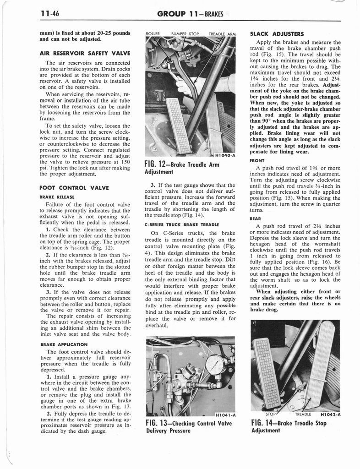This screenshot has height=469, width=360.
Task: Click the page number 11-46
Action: click(x=50, y=14)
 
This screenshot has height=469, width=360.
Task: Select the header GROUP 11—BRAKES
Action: click(x=190, y=14)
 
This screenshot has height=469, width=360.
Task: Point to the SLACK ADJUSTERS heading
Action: click(x=277, y=34)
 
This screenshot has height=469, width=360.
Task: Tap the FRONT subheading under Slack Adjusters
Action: click(x=257, y=161)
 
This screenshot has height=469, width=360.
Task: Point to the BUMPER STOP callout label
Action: click(x=185, y=34)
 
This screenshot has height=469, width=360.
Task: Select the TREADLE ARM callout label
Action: click(x=222, y=34)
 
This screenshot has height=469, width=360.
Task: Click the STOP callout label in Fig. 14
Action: click(x=270, y=414)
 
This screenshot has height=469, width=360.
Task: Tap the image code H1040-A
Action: click(x=224, y=155)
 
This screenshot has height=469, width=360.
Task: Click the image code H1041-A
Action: click(x=224, y=414)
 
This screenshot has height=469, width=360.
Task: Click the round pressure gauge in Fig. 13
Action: click(x=214, y=364)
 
